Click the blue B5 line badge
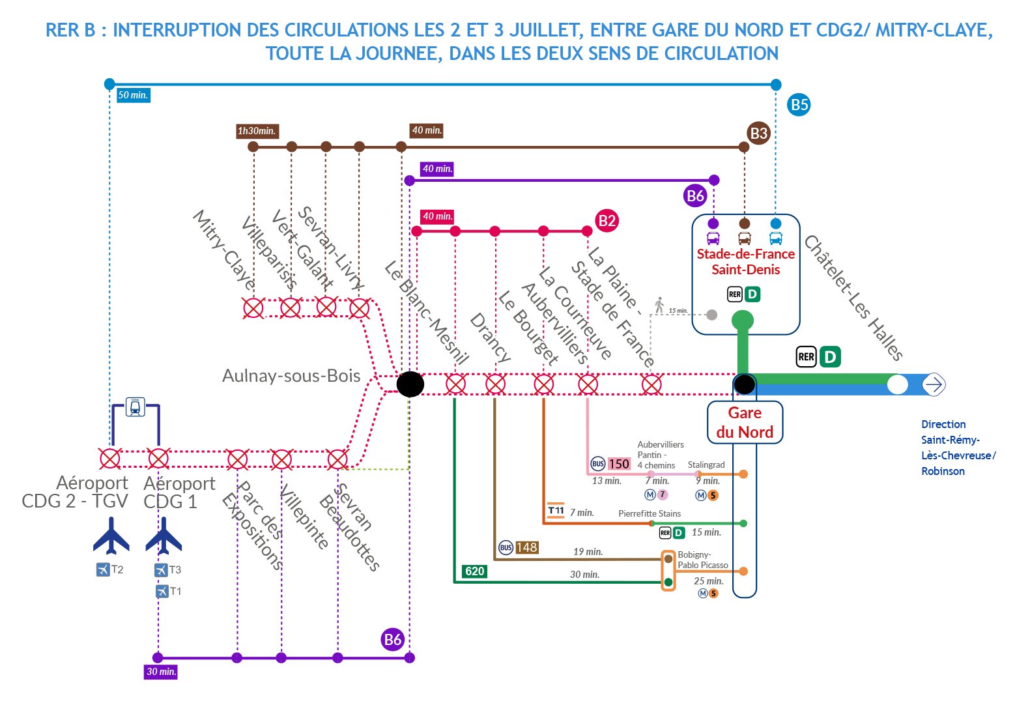(x=799, y=105)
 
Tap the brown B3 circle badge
(x=758, y=134)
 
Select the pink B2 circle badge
(x=607, y=220)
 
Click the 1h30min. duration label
(x=257, y=131)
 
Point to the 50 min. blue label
(x=133, y=95)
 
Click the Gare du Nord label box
(x=745, y=422)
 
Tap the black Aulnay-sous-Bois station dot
(x=410, y=384)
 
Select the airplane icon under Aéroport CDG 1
(x=164, y=536)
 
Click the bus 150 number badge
(x=618, y=464)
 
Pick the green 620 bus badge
(x=474, y=571)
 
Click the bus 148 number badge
(x=526, y=547)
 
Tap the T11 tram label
(x=556, y=511)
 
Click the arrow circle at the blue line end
(x=934, y=384)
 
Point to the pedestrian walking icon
(x=659, y=305)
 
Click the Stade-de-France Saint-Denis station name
(x=745, y=262)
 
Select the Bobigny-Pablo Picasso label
(x=702, y=560)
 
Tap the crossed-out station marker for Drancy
(x=495, y=384)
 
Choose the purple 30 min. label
(x=161, y=672)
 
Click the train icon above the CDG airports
(x=135, y=407)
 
